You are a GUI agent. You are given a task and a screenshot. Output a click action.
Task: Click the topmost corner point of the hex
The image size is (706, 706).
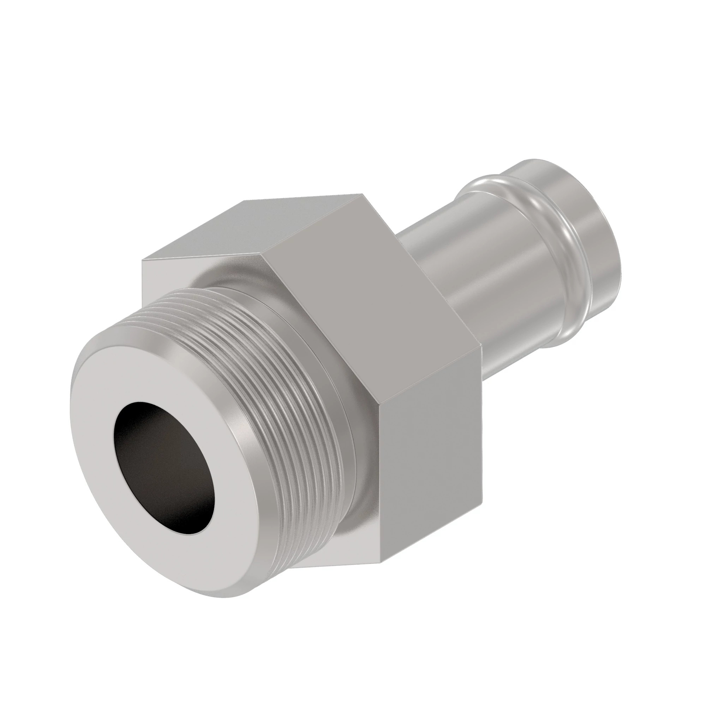[x=362, y=194]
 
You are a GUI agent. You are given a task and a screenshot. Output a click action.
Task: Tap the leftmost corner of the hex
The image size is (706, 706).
[x=143, y=260]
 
